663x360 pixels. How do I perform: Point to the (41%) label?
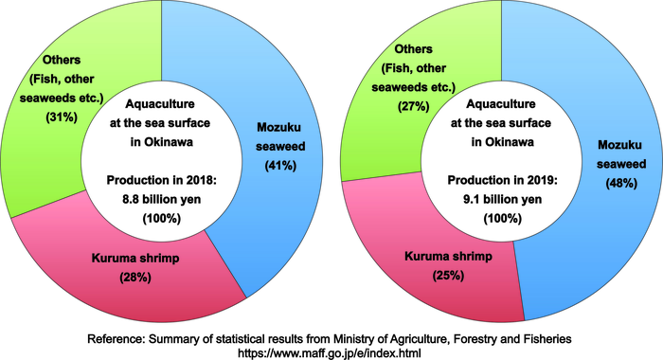pyautogui.click(x=280, y=166)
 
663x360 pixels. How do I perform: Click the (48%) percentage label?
pyautogui.click(x=621, y=183)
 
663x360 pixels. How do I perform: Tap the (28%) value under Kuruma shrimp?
pyautogui.click(x=135, y=278)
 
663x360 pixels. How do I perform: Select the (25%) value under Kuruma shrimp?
pyautogui.click(x=448, y=276)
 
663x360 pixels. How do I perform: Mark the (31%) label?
pyautogui.click(x=62, y=117)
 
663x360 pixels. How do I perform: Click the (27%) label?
pyautogui.click(x=414, y=106)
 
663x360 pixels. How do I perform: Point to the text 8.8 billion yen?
pyautogui.click(x=162, y=199)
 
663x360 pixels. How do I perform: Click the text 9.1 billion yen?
pyautogui.click(x=502, y=199)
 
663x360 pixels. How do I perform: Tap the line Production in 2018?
pyautogui.click(x=162, y=180)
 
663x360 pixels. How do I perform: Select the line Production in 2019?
pyautogui.click(x=502, y=180)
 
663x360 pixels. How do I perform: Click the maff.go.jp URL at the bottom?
pyautogui.click(x=330, y=352)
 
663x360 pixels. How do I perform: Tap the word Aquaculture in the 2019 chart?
pyautogui.click(x=501, y=104)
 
